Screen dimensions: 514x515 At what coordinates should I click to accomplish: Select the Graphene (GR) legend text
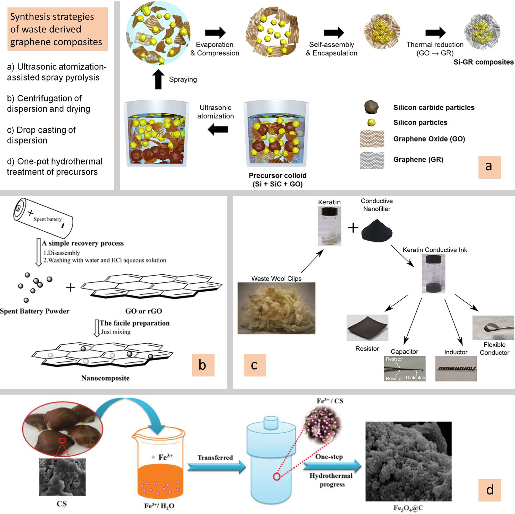[x=418, y=159]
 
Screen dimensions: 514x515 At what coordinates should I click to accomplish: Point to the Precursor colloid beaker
[x=276, y=133]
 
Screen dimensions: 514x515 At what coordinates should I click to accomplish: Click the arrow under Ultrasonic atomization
[x=218, y=130]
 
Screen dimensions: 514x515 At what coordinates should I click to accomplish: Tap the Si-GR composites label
[x=483, y=62]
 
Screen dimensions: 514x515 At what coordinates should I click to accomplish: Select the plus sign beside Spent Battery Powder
[x=70, y=288]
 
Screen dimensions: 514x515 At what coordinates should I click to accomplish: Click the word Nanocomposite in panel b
[x=105, y=378]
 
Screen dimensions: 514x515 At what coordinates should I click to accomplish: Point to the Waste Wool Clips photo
[x=276, y=308]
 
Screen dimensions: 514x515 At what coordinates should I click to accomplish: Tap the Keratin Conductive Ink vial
[x=433, y=274]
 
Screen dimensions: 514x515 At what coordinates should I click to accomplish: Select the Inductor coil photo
[x=456, y=369]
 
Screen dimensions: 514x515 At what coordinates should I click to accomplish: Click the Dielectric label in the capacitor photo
[x=415, y=378]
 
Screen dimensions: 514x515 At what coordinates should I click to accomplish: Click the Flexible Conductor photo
[x=493, y=327]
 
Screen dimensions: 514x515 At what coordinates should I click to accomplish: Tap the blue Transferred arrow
[x=217, y=467]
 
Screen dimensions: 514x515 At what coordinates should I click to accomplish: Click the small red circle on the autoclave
[x=277, y=476]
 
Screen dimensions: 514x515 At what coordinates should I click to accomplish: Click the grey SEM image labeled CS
[x=62, y=477]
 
